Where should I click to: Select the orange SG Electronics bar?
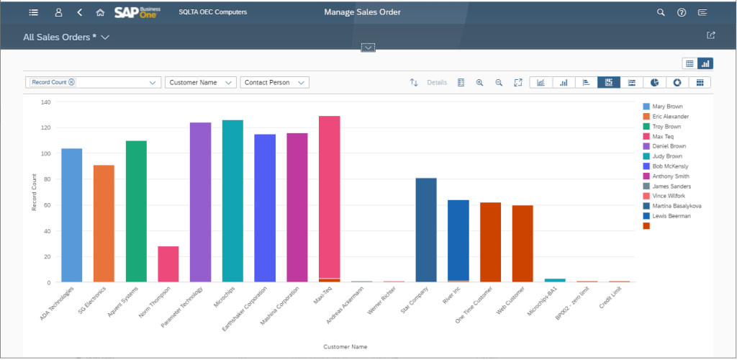click(x=104, y=223)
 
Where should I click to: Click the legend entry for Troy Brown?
click(x=666, y=126)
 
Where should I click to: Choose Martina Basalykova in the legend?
click(x=676, y=206)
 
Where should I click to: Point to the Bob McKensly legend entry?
click(x=669, y=166)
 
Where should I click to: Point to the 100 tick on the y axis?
click(x=45, y=153)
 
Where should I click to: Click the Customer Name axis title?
click(x=345, y=346)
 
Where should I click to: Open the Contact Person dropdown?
click(x=273, y=83)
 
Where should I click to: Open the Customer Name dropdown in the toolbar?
click(x=200, y=83)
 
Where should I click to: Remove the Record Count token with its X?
click(x=71, y=82)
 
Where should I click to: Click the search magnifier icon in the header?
click(x=661, y=12)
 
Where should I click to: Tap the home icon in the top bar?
click(x=100, y=12)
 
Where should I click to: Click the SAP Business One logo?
click(x=137, y=12)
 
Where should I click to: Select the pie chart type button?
click(x=654, y=83)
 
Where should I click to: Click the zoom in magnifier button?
click(x=479, y=83)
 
